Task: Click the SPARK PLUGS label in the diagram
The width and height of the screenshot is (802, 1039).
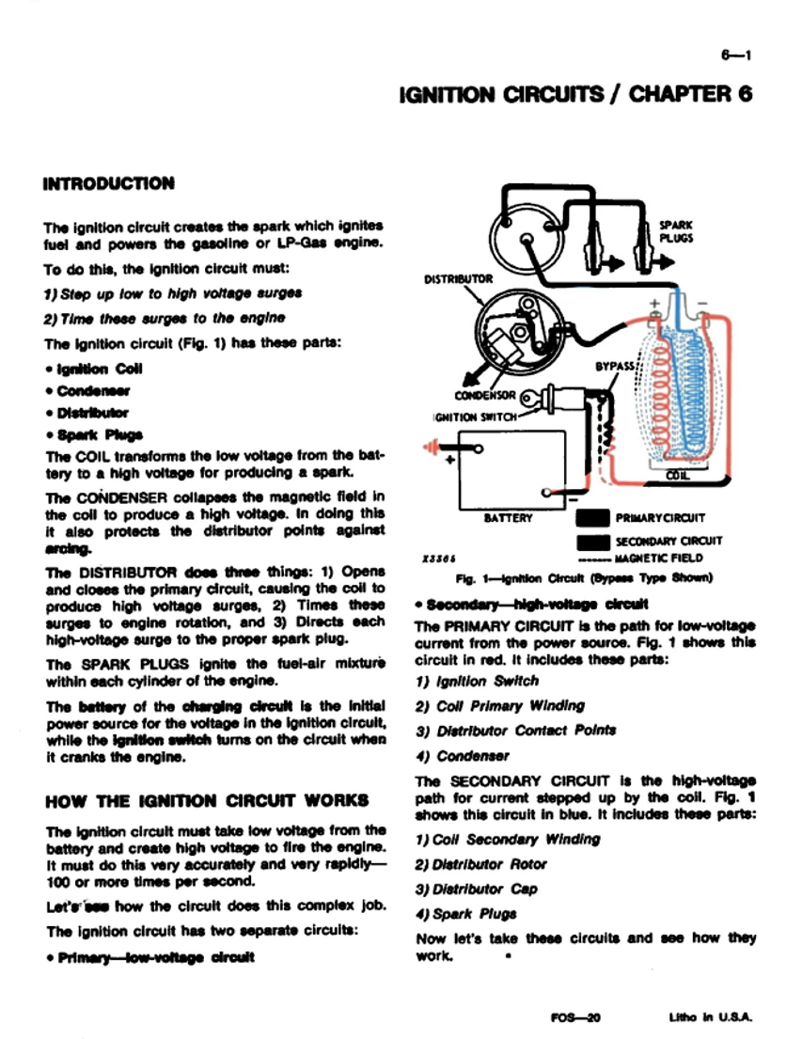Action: tap(676, 231)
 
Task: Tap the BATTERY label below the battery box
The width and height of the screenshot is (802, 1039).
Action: tap(509, 517)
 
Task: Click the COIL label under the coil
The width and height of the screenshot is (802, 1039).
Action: tap(677, 477)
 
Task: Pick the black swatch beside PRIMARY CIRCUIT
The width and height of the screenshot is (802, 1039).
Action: tap(592, 518)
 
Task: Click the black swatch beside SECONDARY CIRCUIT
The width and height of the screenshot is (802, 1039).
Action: tap(592, 541)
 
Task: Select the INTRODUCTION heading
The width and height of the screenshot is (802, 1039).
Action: tap(109, 183)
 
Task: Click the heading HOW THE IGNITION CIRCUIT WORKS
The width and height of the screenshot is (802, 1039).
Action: tap(207, 801)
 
